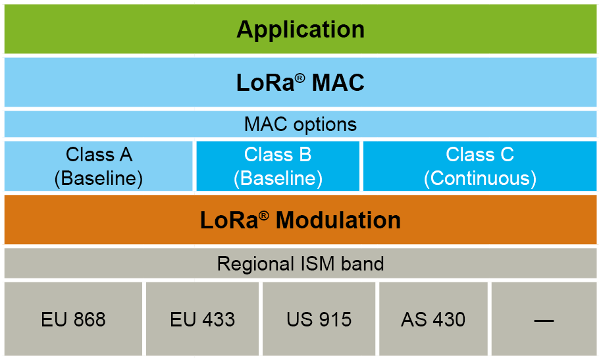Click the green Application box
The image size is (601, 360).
(300, 30)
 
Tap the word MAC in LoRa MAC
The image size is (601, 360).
(338, 84)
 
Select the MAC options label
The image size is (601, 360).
(300, 124)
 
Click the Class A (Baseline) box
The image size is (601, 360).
(99, 167)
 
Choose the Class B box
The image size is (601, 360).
(278, 167)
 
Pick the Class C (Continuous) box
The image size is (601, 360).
(479, 167)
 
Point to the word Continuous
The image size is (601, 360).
(480, 178)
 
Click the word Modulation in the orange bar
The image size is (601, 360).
(338, 220)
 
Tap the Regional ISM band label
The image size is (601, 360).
(300, 264)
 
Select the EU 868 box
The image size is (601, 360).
(73, 320)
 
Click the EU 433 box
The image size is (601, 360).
(202, 320)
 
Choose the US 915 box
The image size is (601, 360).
(319, 320)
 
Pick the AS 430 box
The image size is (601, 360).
(433, 320)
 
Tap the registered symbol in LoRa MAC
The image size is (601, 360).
(300, 78)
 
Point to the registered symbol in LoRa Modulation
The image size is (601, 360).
(264, 215)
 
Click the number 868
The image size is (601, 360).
(89, 320)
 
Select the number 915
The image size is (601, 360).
(335, 320)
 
